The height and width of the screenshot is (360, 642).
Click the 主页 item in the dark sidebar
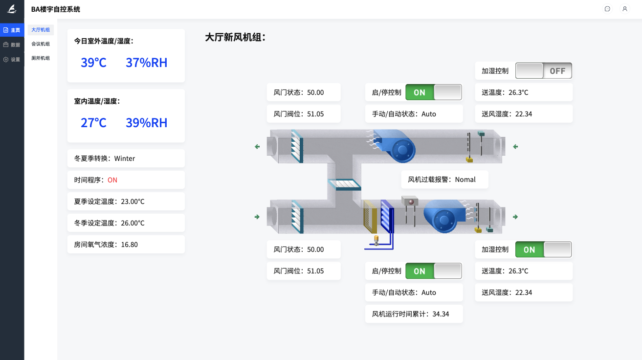pos(12,30)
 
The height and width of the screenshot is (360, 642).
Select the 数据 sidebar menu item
pos(12,45)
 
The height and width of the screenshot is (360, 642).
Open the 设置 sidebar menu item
pos(12,60)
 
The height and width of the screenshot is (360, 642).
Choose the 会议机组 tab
pos(41,44)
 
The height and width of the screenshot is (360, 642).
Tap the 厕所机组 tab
pos(41,58)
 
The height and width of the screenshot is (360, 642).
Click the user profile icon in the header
pos(624,9)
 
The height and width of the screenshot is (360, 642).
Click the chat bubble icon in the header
pos(607,9)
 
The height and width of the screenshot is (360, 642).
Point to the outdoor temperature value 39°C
pos(93,63)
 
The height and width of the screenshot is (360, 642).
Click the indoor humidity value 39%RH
pos(146,123)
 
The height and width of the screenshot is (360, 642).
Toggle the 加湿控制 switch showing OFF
pos(543,71)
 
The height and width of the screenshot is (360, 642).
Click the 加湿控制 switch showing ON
pos(543,249)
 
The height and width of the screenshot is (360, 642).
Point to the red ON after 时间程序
pos(112,180)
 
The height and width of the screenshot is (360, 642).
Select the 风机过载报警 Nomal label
pos(444,180)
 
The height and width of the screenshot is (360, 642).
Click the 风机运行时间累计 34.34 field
pos(414,314)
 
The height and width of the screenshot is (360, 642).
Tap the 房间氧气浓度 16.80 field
pos(126,245)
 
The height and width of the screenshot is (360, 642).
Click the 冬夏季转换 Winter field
pos(126,158)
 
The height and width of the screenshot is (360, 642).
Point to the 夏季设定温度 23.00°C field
pos(126,202)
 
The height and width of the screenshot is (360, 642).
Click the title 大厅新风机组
pos(235,38)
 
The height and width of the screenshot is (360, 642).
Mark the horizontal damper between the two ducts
pos(345,185)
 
